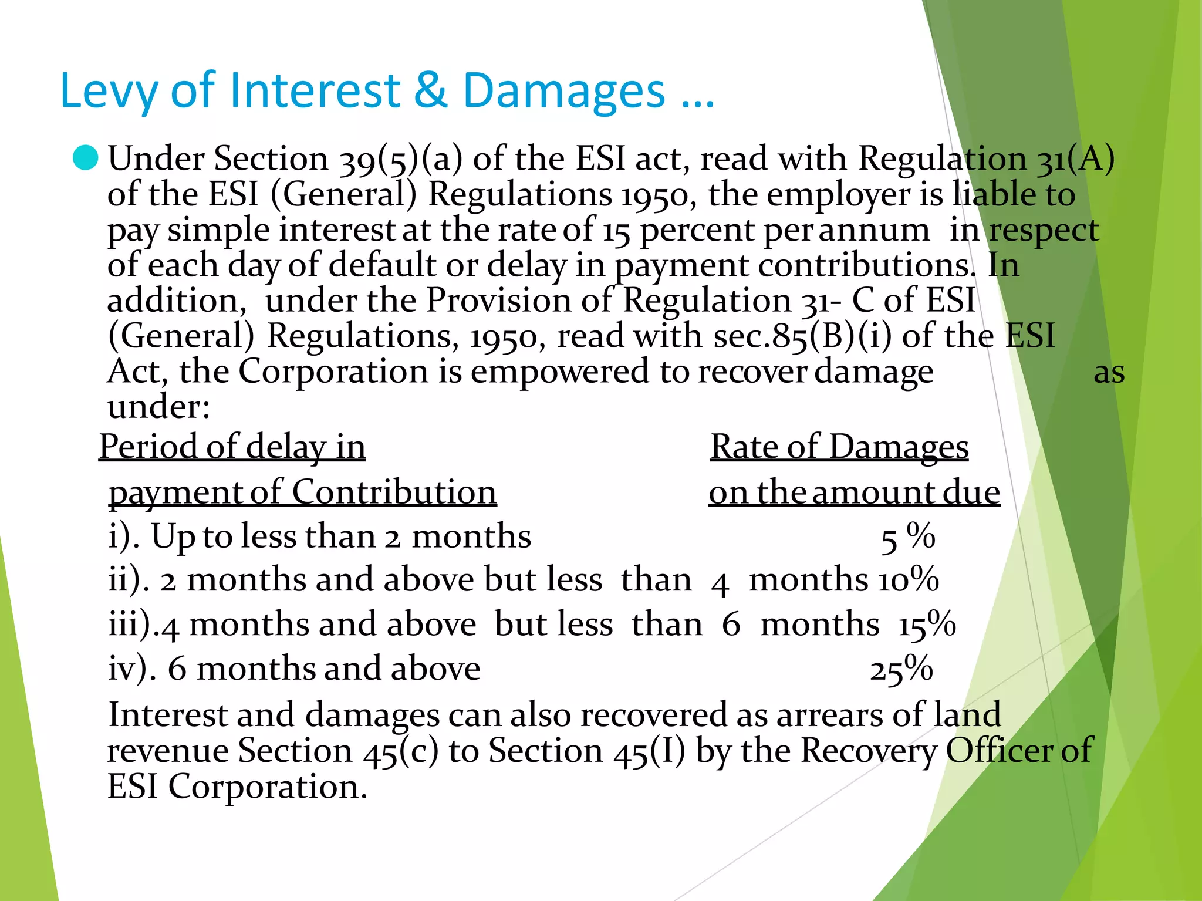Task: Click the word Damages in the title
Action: pos(564,91)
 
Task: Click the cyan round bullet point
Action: pos(86,158)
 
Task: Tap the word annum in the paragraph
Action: pos(874,230)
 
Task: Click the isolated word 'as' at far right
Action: pos(1109,373)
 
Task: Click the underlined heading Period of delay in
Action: pos(232,447)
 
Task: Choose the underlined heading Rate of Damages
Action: pos(839,447)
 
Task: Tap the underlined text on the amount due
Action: pos(854,492)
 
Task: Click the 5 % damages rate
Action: pos(907,537)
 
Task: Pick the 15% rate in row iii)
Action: pos(927,625)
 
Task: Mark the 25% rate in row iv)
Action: pos(901,670)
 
